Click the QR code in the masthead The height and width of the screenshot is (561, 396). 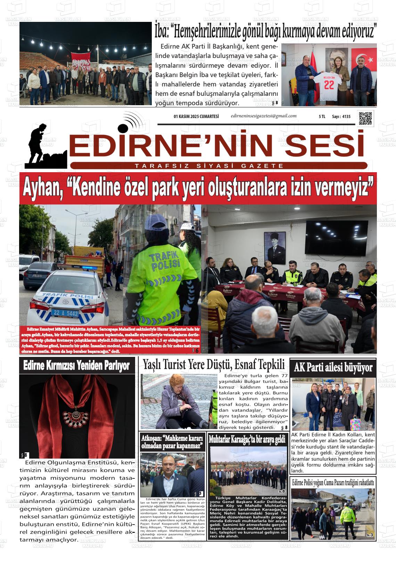click(x=365, y=118)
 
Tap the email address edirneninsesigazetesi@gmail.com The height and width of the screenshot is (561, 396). click(x=264, y=116)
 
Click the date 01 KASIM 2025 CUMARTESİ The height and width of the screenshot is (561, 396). click(x=196, y=117)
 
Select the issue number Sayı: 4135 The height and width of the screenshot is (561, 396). click(x=341, y=117)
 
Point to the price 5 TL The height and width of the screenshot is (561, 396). click(x=322, y=117)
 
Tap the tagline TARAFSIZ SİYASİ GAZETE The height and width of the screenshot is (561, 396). click(x=209, y=166)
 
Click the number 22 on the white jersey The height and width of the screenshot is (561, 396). click(x=329, y=84)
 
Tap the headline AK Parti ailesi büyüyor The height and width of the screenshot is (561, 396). click(x=333, y=367)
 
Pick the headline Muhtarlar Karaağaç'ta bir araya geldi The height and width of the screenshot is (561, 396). click(x=247, y=439)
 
